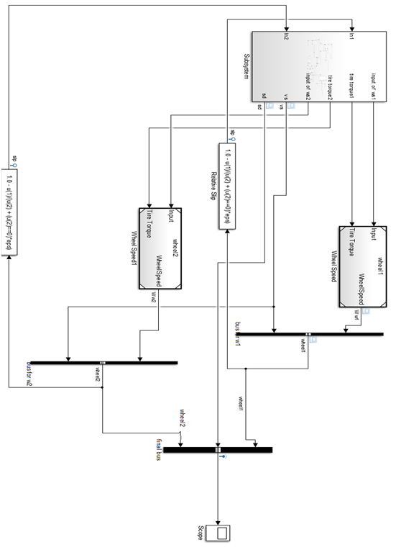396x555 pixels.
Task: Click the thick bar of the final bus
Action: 218,450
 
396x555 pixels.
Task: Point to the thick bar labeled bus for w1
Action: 309,334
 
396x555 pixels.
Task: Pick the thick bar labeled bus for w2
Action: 103,363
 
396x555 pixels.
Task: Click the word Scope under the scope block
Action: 201,533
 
